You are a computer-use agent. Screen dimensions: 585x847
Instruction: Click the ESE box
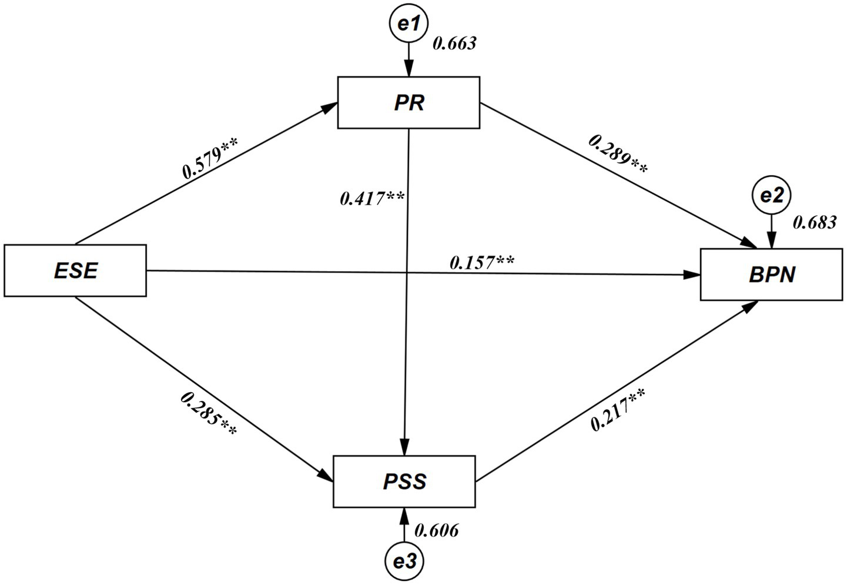[75, 270]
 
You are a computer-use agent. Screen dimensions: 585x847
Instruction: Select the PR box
[409, 102]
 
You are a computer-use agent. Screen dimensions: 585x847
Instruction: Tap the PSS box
[404, 482]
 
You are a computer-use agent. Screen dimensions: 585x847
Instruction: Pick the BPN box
[771, 275]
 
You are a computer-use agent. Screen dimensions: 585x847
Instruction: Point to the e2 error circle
[772, 196]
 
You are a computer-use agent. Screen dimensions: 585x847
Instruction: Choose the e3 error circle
[404, 561]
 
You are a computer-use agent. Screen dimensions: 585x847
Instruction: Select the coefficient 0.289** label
[618, 153]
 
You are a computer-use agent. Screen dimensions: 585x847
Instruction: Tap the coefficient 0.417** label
[372, 198]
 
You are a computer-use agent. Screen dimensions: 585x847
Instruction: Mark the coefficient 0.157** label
[481, 262]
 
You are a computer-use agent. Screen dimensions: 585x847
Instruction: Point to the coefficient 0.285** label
[209, 414]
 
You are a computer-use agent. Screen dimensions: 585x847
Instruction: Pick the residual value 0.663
[454, 43]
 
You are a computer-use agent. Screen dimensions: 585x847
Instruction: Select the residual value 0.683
[815, 222]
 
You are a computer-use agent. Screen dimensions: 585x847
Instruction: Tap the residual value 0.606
[436, 530]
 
